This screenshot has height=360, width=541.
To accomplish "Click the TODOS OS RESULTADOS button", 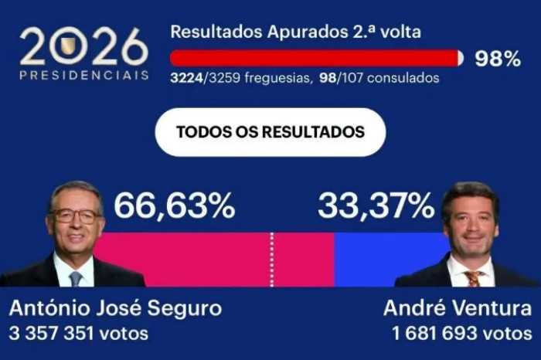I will [270, 132].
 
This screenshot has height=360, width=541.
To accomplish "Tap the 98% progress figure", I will [497, 59].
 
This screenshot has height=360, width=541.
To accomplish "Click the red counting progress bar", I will [313, 58].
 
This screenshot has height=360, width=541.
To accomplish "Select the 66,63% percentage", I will [174, 206].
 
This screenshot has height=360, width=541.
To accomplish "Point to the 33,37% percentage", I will [376, 206].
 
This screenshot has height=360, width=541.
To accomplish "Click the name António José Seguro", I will [115, 309].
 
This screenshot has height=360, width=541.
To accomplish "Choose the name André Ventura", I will [458, 309].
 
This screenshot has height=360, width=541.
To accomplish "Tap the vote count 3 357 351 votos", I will [78, 334].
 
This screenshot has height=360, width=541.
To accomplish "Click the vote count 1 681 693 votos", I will [461, 334].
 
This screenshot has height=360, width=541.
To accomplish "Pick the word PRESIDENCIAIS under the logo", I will [84, 75].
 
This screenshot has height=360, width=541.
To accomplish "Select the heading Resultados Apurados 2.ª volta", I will [296, 32].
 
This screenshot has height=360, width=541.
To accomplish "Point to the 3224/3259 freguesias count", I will [240, 78].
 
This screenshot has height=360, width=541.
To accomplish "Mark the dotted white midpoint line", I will [271, 260].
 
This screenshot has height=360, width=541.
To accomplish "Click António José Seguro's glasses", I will [76, 216].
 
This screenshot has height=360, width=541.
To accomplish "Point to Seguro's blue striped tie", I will [76, 277].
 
